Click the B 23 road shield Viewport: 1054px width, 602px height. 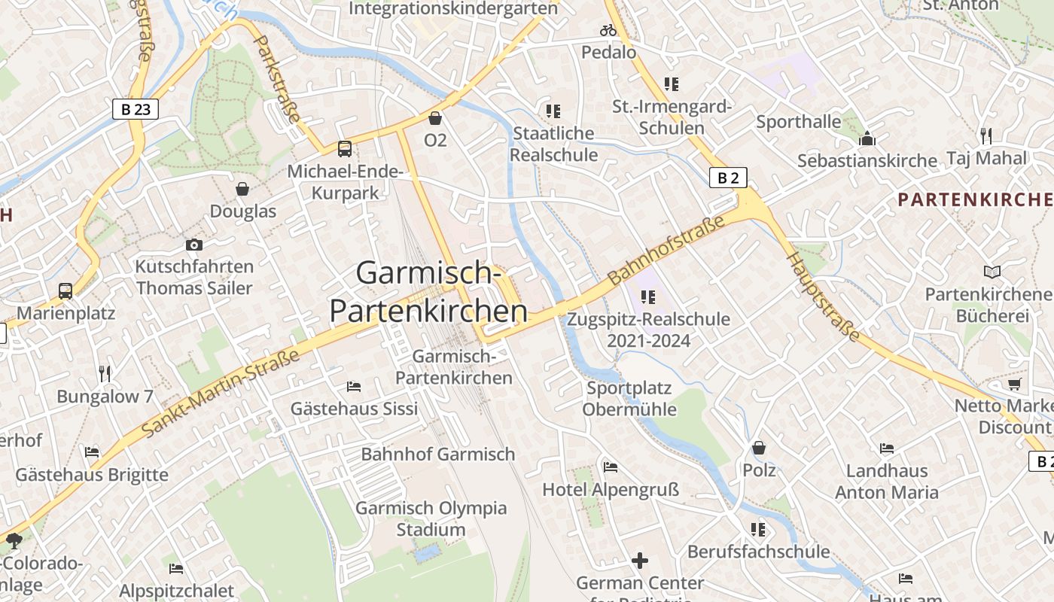point(136,109)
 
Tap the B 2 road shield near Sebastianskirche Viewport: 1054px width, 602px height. point(728,178)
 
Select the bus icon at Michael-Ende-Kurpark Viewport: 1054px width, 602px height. point(344,148)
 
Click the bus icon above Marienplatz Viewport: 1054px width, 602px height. point(65,290)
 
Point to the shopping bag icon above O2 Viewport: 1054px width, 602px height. point(435,118)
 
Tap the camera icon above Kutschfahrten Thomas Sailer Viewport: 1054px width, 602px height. point(194,245)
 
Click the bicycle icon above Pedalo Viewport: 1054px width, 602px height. point(608,31)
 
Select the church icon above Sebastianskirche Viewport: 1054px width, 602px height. point(867,139)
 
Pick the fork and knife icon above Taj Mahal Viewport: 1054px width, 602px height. point(986,136)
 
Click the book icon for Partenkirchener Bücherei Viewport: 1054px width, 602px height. point(992,272)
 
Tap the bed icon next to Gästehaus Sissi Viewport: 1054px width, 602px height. point(354,387)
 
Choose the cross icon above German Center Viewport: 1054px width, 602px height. point(640,561)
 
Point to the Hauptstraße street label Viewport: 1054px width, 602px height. point(823,297)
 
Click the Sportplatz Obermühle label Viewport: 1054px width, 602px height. point(629,399)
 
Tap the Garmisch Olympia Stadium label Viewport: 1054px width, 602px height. point(431,518)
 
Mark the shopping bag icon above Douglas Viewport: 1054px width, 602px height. point(242,189)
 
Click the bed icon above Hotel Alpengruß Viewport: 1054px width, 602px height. point(611,467)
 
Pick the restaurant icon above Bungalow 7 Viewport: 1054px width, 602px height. point(105,373)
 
